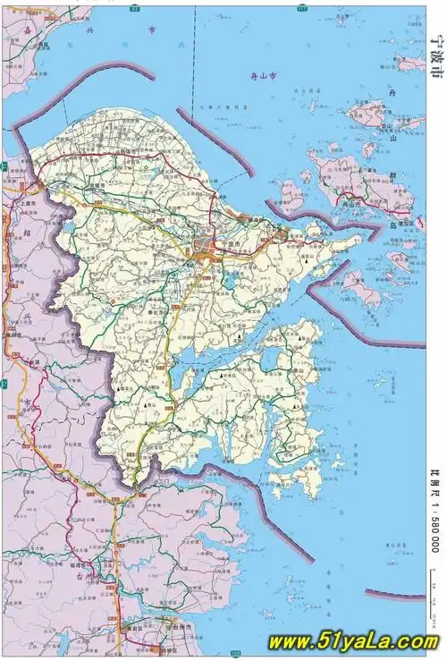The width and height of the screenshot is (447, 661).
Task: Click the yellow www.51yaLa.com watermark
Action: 353,641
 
